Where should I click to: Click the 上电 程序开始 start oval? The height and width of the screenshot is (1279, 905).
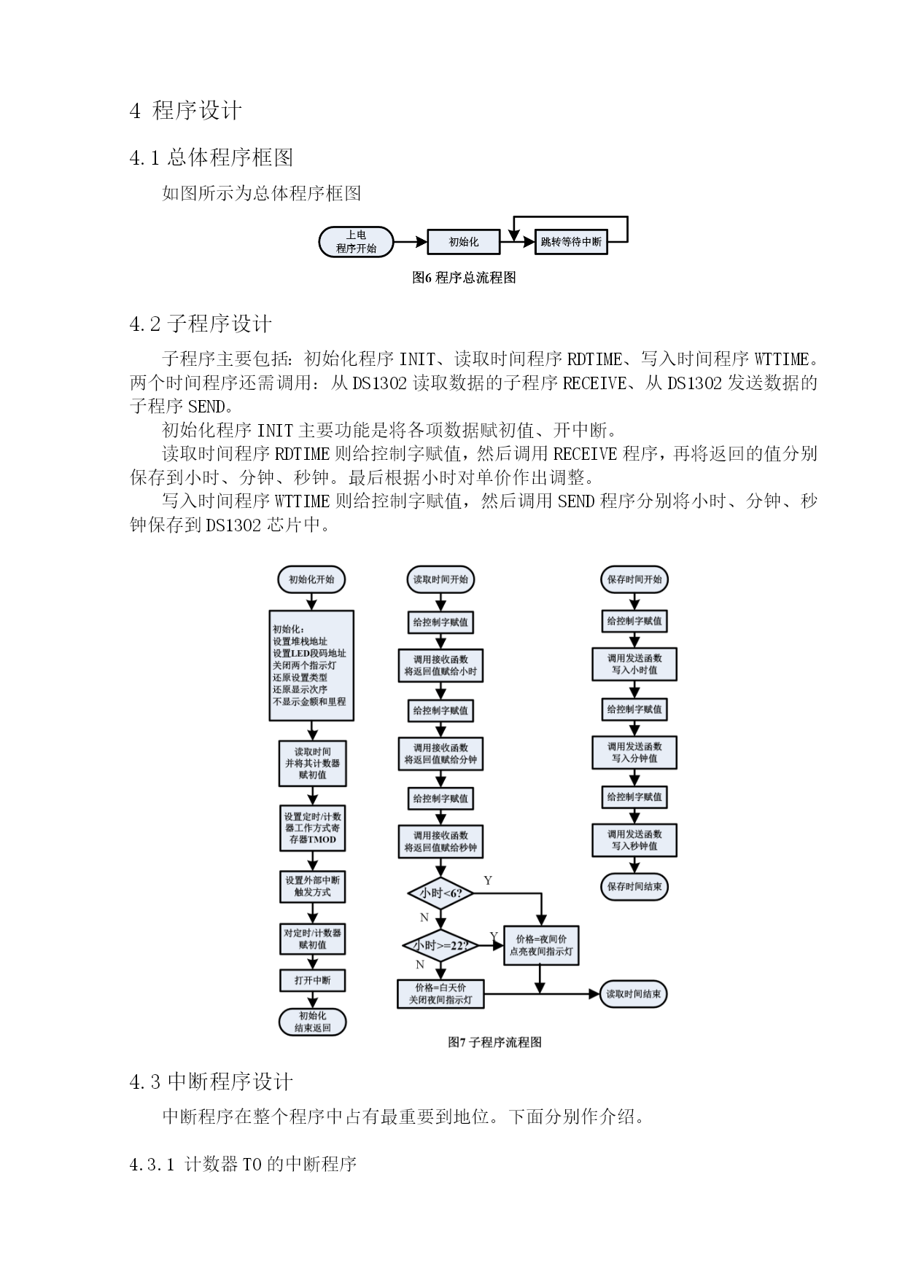[x=357, y=242]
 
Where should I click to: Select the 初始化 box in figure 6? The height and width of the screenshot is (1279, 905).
[x=464, y=242]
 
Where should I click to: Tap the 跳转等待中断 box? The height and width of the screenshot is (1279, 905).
[x=572, y=242]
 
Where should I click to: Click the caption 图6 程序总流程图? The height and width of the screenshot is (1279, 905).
[x=464, y=278]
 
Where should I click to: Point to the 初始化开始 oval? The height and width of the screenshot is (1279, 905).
[x=311, y=579]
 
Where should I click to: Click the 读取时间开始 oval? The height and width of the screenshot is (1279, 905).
[x=440, y=579]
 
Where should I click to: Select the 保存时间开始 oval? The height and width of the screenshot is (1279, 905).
[x=634, y=579]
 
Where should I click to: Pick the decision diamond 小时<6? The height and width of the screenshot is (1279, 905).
[x=440, y=893]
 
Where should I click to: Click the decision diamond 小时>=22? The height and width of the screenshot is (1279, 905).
[x=440, y=945]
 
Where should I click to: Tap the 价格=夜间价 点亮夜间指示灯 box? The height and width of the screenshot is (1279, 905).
[x=541, y=945]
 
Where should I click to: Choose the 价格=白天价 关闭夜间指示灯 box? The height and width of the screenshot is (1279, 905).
[x=440, y=994]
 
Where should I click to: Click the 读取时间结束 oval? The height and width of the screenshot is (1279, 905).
[x=634, y=994]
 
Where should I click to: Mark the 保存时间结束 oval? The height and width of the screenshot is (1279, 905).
[x=634, y=887]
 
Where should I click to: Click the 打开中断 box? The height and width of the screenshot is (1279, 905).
[x=312, y=980]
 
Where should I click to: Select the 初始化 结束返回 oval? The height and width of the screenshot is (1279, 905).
[x=312, y=1022]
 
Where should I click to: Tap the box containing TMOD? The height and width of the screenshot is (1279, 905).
[x=312, y=828]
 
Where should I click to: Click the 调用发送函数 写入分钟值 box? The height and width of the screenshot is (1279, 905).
[x=634, y=752]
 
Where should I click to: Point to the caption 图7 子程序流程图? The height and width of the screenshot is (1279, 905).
[x=494, y=1042]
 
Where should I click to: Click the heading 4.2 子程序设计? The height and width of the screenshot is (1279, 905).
[x=201, y=324]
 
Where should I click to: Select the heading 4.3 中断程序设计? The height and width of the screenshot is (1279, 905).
[x=211, y=1082]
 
